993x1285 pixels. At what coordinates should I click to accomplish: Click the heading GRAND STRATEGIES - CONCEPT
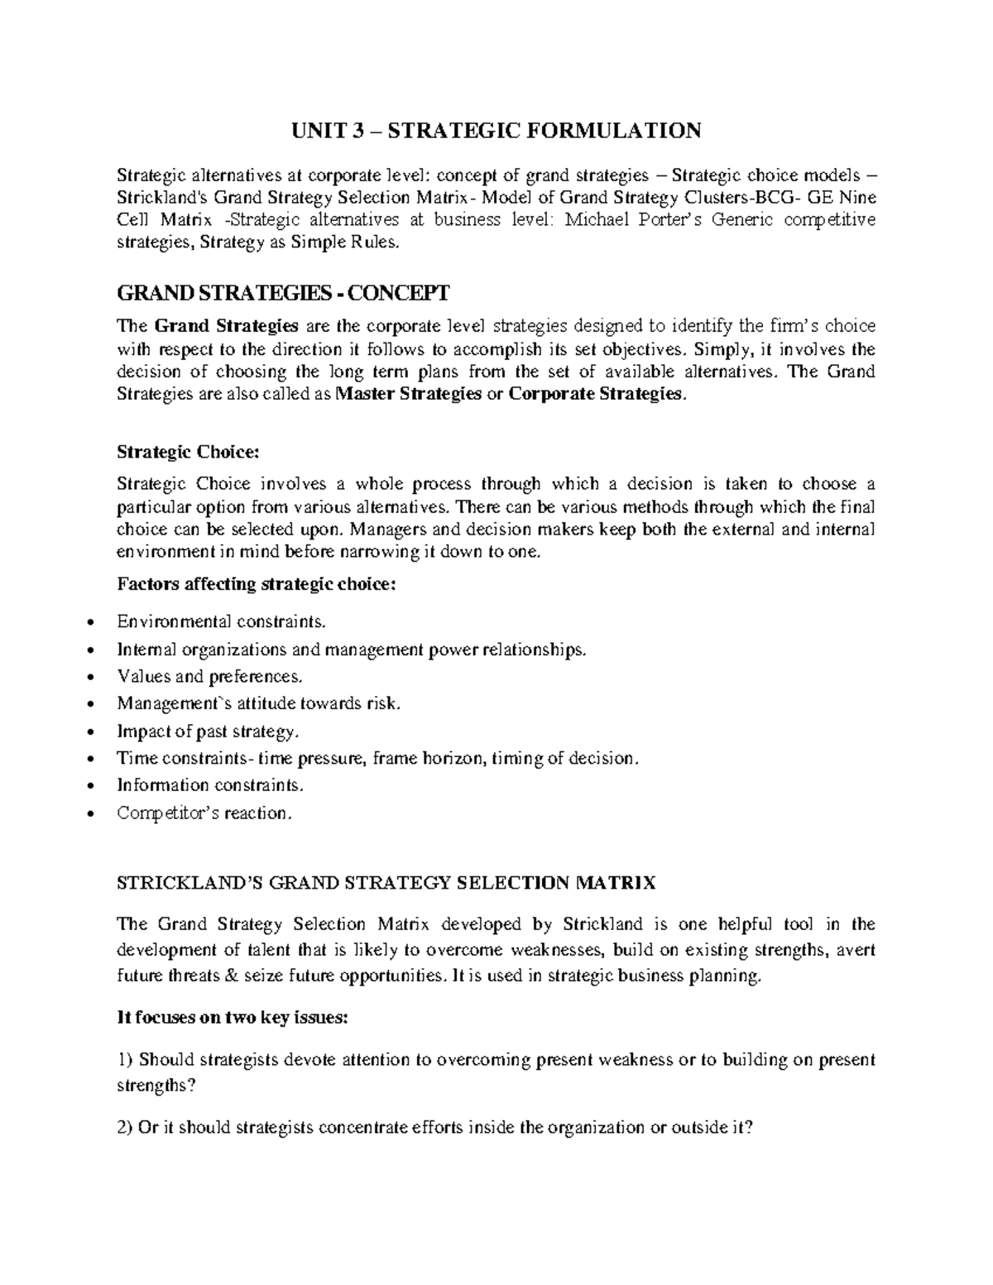pyautogui.click(x=283, y=293)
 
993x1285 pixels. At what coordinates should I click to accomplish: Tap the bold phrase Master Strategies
pyautogui.click(x=410, y=394)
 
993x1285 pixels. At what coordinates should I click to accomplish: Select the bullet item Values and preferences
pyautogui.click(x=210, y=676)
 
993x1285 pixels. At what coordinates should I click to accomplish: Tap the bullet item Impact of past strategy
pyautogui.click(x=207, y=731)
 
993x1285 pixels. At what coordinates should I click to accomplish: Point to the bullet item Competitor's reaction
pyautogui.click(x=205, y=813)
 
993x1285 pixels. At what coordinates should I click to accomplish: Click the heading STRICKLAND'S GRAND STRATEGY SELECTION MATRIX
pyautogui.click(x=386, y=883)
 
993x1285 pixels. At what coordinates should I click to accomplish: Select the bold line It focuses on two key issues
pyautogui.click(x=233, y=1018)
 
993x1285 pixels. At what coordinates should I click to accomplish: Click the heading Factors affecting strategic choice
pyautogui.click(x=257, y=584)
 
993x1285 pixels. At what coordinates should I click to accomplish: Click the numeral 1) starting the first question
pyautogui.click(x=125, y=1060)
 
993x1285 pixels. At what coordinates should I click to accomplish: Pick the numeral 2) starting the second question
pyautogui.click(x=125, y=1127)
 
